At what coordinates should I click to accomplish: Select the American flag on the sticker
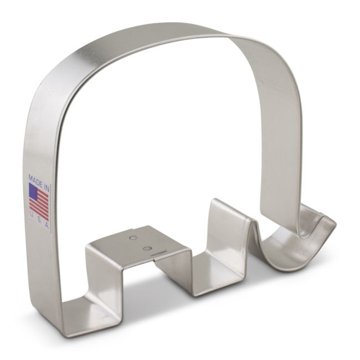39,200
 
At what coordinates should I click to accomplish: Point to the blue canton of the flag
33,192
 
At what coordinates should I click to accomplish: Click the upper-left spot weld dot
132,238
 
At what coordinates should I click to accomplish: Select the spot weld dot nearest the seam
146,248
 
